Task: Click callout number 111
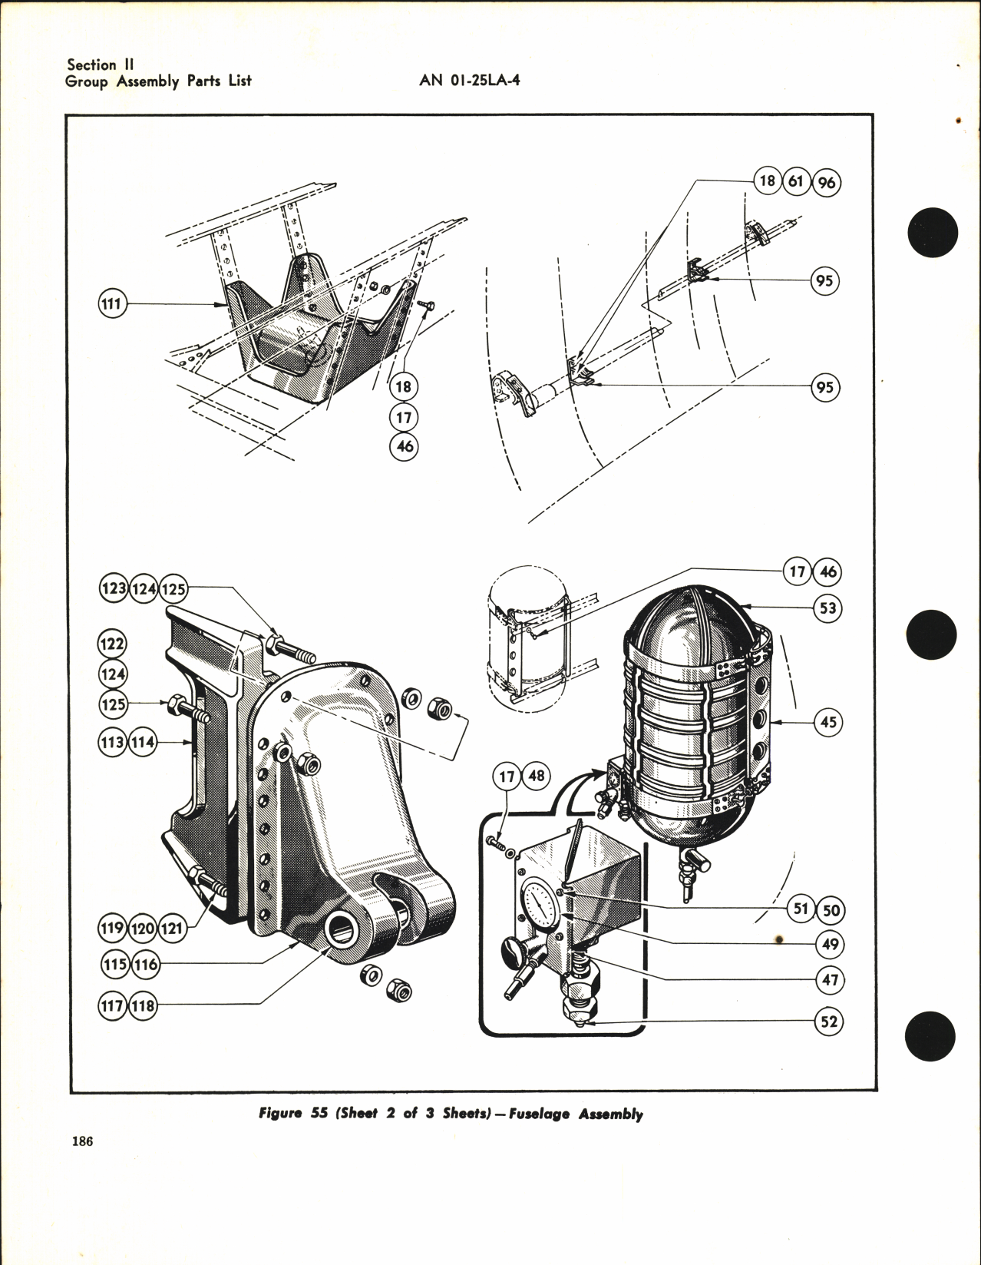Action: coord(112,305)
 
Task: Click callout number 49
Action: coord(830,945)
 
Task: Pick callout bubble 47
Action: coord(830,980)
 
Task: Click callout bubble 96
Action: coord(827,183)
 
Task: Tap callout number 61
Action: coord(796,183)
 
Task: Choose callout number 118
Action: coord(143,1005)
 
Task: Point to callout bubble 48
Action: coord(536,777)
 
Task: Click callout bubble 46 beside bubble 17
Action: coord(828,572)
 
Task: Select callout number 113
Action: coord(112,743)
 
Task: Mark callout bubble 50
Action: coord(831,911)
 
